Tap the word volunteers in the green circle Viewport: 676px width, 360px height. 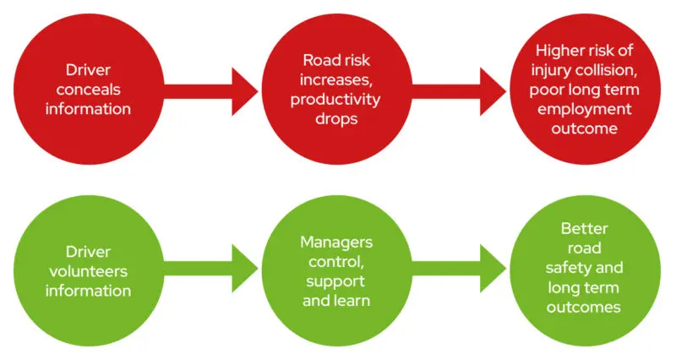tap(99, 271)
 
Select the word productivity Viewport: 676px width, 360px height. tap(337, 100)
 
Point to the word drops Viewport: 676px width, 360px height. tap(337, 118)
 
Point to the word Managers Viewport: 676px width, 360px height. tap(336, 243)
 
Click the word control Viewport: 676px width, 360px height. tap(336, 261)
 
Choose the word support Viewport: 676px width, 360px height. tap(336, 281)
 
